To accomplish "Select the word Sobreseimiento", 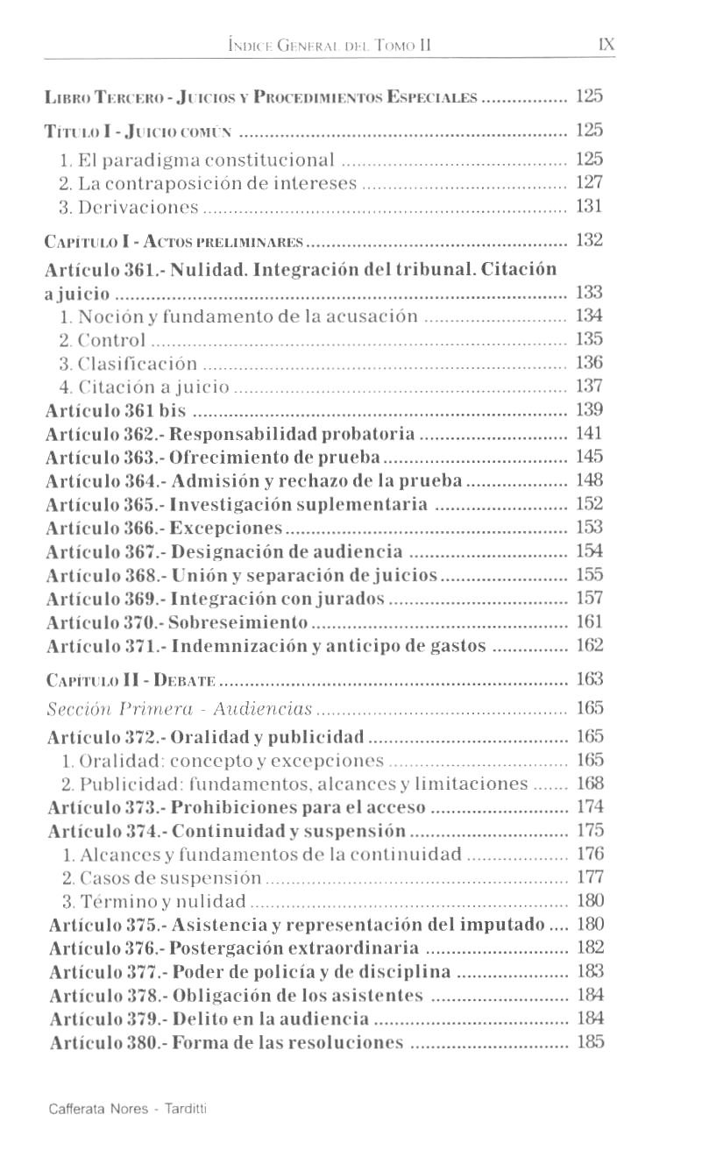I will click(x=238, y=622).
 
